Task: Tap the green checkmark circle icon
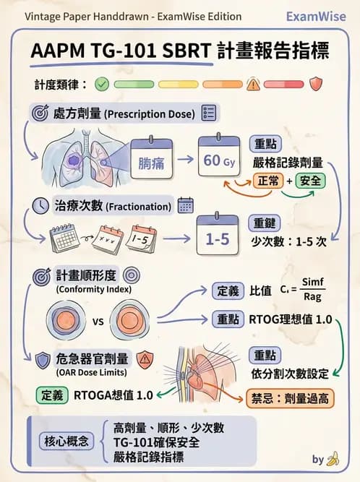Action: [102, 85]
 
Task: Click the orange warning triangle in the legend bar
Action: [253, 85]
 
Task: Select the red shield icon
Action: [315, 84]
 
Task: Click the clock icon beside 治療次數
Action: [40, 206]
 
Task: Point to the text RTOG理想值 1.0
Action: [290, 319]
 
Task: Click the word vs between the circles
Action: [100, 321]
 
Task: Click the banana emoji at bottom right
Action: [333, 458]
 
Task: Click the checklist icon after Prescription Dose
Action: [210, 113]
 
